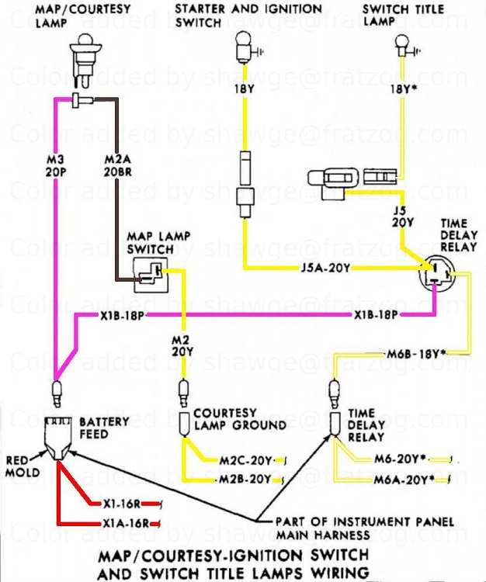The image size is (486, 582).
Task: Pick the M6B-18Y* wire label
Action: [x=417, y=355]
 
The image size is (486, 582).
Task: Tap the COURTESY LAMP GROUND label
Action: [x=239, y=419]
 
